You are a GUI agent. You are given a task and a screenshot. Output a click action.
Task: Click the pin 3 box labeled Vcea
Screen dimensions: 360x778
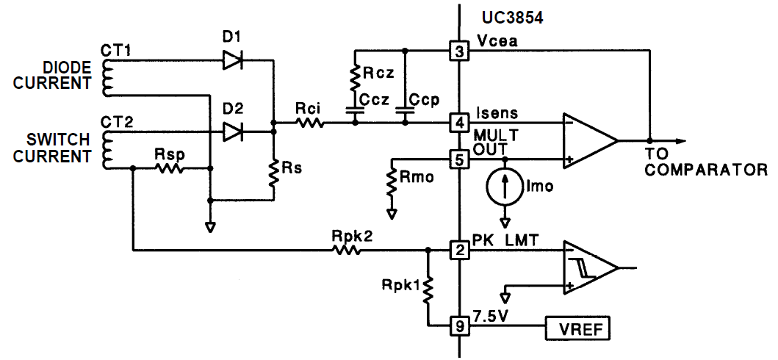coord(459,51)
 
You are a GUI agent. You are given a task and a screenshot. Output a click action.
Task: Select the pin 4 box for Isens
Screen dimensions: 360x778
coord(459,122)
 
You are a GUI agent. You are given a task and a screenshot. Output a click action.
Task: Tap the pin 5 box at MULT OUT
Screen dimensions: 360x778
coord(459,159)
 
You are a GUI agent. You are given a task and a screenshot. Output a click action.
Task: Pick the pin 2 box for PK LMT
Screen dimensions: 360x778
coord(459,251)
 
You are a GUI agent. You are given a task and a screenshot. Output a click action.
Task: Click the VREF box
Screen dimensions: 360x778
coord(577,328)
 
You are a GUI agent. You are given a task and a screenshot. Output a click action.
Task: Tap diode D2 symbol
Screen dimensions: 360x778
coord(233,132)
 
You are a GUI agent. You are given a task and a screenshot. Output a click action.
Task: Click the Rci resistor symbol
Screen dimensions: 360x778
coord(309,123)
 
